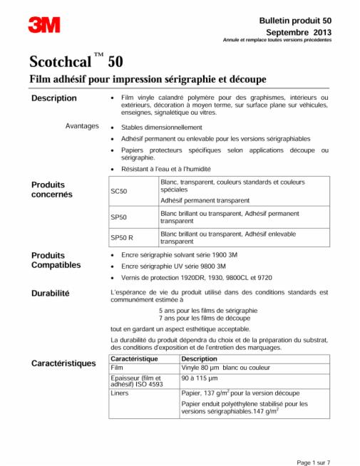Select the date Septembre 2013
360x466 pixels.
299,32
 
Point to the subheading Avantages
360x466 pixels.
82,126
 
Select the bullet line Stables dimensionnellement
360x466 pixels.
163,126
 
